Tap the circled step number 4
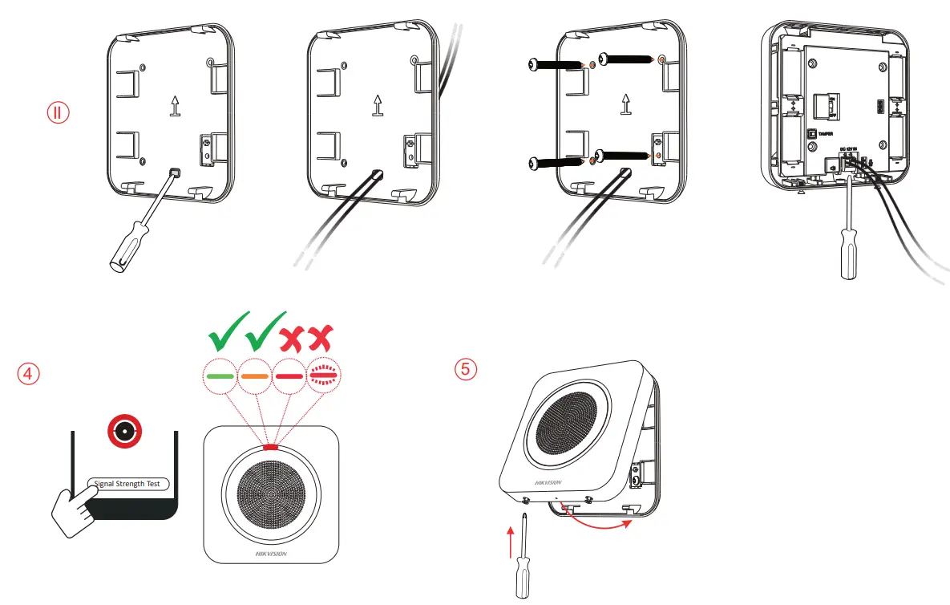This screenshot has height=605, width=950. (x=28, y=374)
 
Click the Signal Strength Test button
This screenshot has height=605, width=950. (x=127, y=484)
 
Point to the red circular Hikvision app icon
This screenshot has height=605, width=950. (x=123, y=432)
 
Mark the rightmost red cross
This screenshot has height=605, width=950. (x=321, y=338)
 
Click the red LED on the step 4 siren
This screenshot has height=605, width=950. (x=270, y=448)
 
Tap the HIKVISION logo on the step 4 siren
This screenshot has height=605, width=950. (x=270, y=554)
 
